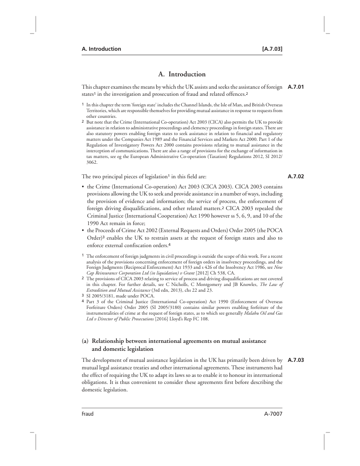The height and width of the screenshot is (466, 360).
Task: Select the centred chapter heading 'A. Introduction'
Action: tap(182, 75)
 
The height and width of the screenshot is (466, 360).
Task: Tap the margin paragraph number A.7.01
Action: tap(296, 86)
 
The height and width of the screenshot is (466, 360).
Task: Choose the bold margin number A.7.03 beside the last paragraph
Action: tap(296, 360)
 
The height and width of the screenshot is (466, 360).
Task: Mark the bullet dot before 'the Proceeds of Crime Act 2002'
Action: tap(83, 230)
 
